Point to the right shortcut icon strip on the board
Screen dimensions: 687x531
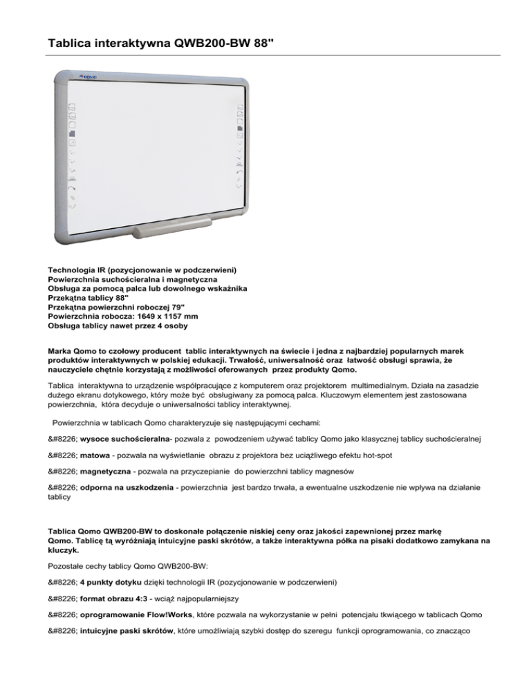pyautogui.click(x=239, y=147)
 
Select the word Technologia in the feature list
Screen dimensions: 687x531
pyautogui.click(x=73, y=266)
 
